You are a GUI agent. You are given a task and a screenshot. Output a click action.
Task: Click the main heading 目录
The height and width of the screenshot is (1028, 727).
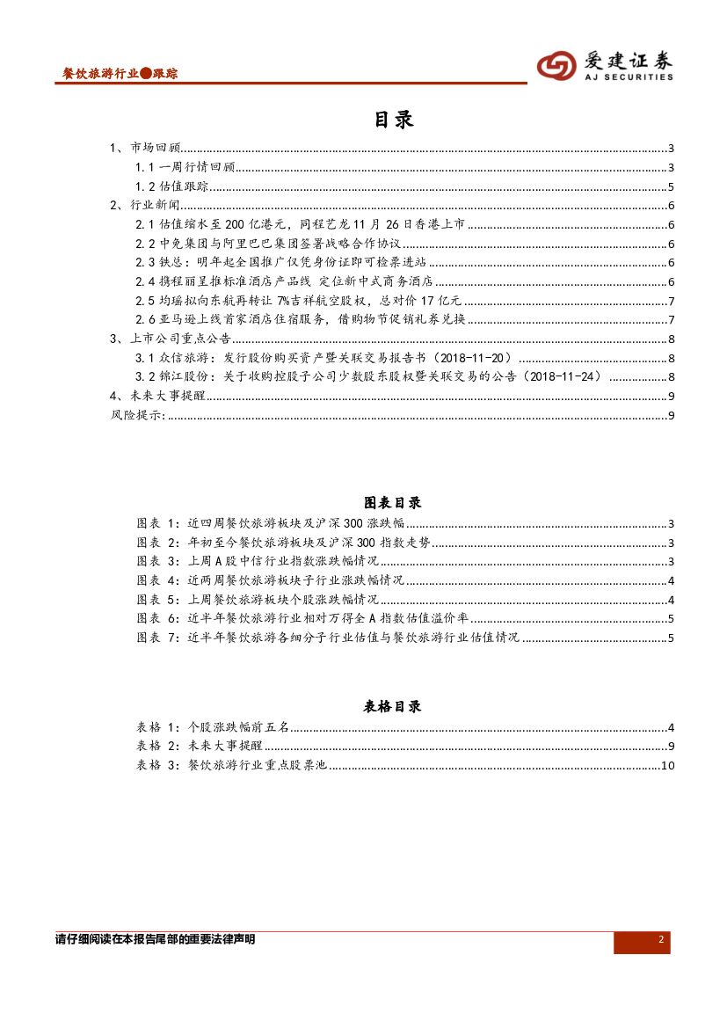pyautogui.click(x=393, y=120)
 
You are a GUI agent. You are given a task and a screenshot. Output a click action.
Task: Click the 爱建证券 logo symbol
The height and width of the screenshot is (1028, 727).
pyautogui.click(x=556, y=65)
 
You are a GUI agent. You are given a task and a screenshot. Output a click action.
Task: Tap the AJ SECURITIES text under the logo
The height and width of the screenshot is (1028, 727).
pyautogui.click(x=629, y=77)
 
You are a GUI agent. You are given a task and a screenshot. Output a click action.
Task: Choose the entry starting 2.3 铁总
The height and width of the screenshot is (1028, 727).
pyautogui.click(x=281, y=263)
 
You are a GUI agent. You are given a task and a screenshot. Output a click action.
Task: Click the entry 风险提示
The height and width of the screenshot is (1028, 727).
pyautogui.click(x=137, y=415)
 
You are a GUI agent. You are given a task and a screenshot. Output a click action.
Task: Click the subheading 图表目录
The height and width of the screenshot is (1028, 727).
pyautogui.click(x=393, y=503)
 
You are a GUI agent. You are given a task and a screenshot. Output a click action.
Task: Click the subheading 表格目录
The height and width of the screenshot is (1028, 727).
pyautogui.click(x=393, y=706)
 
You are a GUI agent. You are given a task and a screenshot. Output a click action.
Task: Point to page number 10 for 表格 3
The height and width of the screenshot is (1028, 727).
pyautogui.click(x=667, y=765)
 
